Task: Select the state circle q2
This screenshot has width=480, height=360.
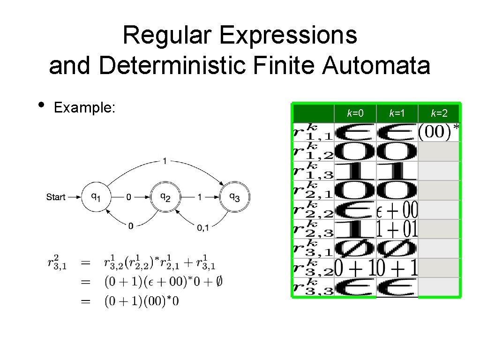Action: (165, 197)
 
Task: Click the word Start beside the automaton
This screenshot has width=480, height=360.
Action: (56, 197)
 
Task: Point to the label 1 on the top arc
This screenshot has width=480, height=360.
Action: (165, 161)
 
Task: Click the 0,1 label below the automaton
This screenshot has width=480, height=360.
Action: (203, 227)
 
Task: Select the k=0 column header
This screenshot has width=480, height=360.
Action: (355, 113)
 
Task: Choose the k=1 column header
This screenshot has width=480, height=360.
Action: (397, 113)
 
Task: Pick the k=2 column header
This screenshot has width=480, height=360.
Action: (439, 113)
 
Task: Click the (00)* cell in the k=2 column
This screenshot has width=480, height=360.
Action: (439, 132)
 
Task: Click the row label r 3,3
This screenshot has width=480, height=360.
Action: (313, 287)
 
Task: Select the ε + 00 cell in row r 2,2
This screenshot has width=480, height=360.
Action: (397, 210)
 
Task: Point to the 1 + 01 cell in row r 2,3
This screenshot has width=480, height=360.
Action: (397, 229)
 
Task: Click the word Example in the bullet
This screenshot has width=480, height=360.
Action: (84, 107)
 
